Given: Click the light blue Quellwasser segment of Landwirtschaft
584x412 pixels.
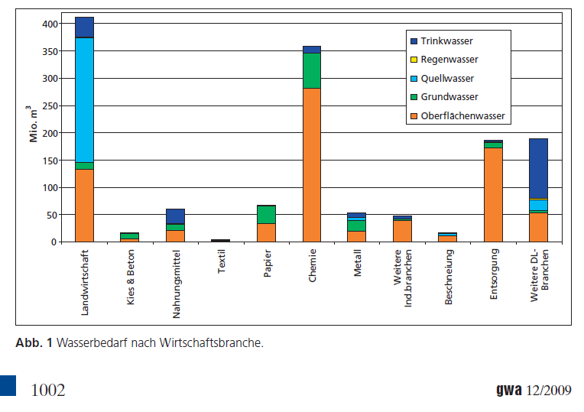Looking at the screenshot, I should (x=84, y=99).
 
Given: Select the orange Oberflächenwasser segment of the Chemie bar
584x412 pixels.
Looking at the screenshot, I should (x=312, y=165).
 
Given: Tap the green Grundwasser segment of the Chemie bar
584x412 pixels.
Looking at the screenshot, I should (x=312, y=70).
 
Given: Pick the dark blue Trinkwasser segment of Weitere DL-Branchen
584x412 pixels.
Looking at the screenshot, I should (x=539, y=168).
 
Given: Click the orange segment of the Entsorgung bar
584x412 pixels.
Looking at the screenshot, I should (x=494, y=194).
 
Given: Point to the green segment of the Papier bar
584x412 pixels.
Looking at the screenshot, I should (x=266, y=214).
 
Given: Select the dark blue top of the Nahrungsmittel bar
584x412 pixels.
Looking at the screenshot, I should (x=175, y=216).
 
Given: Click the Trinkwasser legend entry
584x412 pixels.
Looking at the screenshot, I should (x=446, y=41).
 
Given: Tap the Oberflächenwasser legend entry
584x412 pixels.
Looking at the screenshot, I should (x=461, y=116).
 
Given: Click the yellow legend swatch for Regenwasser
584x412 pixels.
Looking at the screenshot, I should (x=413, y=60).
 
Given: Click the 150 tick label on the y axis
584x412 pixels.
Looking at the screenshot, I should (x=48, y=161).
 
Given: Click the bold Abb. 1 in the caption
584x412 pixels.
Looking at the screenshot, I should (x=34, y=343).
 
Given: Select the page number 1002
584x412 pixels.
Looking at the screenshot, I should (x=47, y=391).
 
